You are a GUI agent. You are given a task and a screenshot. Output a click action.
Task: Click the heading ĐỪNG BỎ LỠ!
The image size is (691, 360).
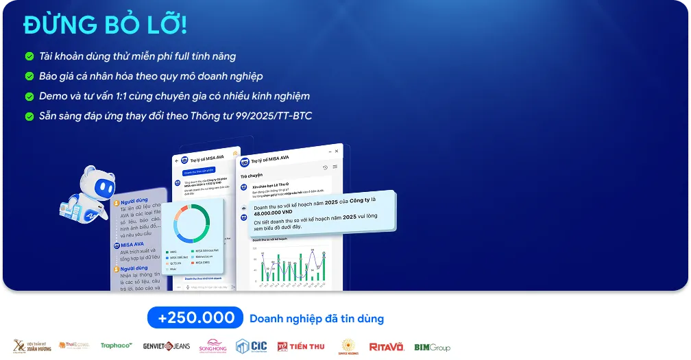105,25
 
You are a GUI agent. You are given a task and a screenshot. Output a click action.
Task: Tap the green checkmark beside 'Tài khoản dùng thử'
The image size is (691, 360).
29,57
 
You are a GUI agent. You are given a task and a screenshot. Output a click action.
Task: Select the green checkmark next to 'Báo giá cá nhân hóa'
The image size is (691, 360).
29,77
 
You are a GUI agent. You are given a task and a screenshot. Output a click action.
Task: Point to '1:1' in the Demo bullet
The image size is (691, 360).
114,96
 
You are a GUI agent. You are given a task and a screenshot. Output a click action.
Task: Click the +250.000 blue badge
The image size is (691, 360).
195,318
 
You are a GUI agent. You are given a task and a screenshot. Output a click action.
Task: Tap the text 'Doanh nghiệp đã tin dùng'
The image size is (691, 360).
316,319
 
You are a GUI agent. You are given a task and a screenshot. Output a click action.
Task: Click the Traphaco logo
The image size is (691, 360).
117,346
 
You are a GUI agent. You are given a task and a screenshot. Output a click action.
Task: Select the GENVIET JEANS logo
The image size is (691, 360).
167,346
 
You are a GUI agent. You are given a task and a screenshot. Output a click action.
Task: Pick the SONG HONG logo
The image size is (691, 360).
213,346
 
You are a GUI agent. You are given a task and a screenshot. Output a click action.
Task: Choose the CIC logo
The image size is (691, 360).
251,346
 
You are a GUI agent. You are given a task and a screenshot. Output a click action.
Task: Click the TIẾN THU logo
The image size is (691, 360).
301,346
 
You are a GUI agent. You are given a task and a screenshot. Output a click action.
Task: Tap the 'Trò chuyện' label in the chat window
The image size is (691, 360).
252,176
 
